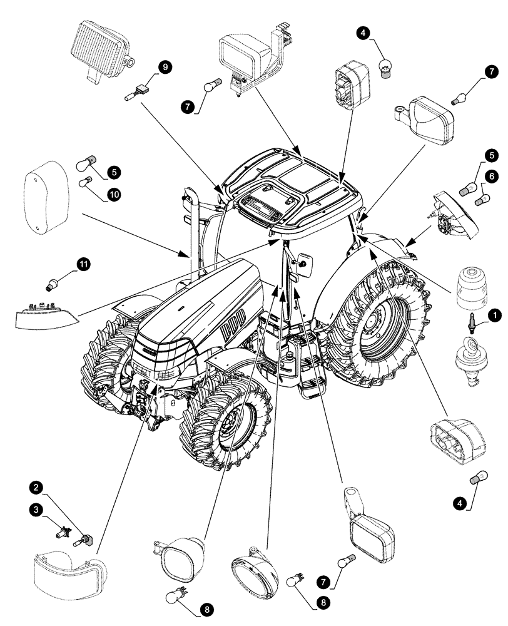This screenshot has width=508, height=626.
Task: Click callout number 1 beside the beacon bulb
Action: pyautogui.click(x=494, y=316)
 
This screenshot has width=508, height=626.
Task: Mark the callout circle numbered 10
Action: pyautogui.click(x=114, y=195)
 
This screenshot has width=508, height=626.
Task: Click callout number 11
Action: pyautogui.click(x=83, y=265)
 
